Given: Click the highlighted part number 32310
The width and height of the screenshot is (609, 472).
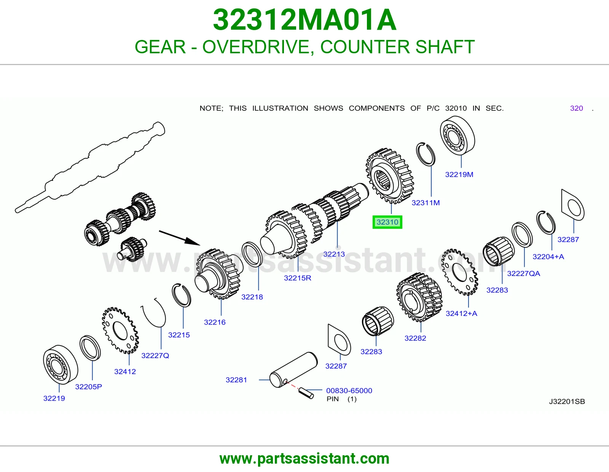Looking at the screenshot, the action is [387, 222].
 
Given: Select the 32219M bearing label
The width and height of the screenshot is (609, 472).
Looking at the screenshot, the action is [459, 174].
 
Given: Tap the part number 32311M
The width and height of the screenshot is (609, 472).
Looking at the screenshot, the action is [426, 203].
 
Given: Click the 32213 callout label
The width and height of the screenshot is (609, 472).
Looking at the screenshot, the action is [334, 254].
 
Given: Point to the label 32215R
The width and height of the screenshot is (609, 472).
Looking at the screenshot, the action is [297, 278].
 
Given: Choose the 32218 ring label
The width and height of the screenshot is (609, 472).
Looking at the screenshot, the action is [252, 297].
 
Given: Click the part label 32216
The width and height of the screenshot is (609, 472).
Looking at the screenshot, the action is [215, 322].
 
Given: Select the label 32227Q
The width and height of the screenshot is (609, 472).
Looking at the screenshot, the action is [155, 356].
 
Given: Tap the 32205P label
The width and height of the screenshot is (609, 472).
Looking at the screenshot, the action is [88, 386].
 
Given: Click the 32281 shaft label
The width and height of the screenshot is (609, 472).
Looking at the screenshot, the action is [236, 380].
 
